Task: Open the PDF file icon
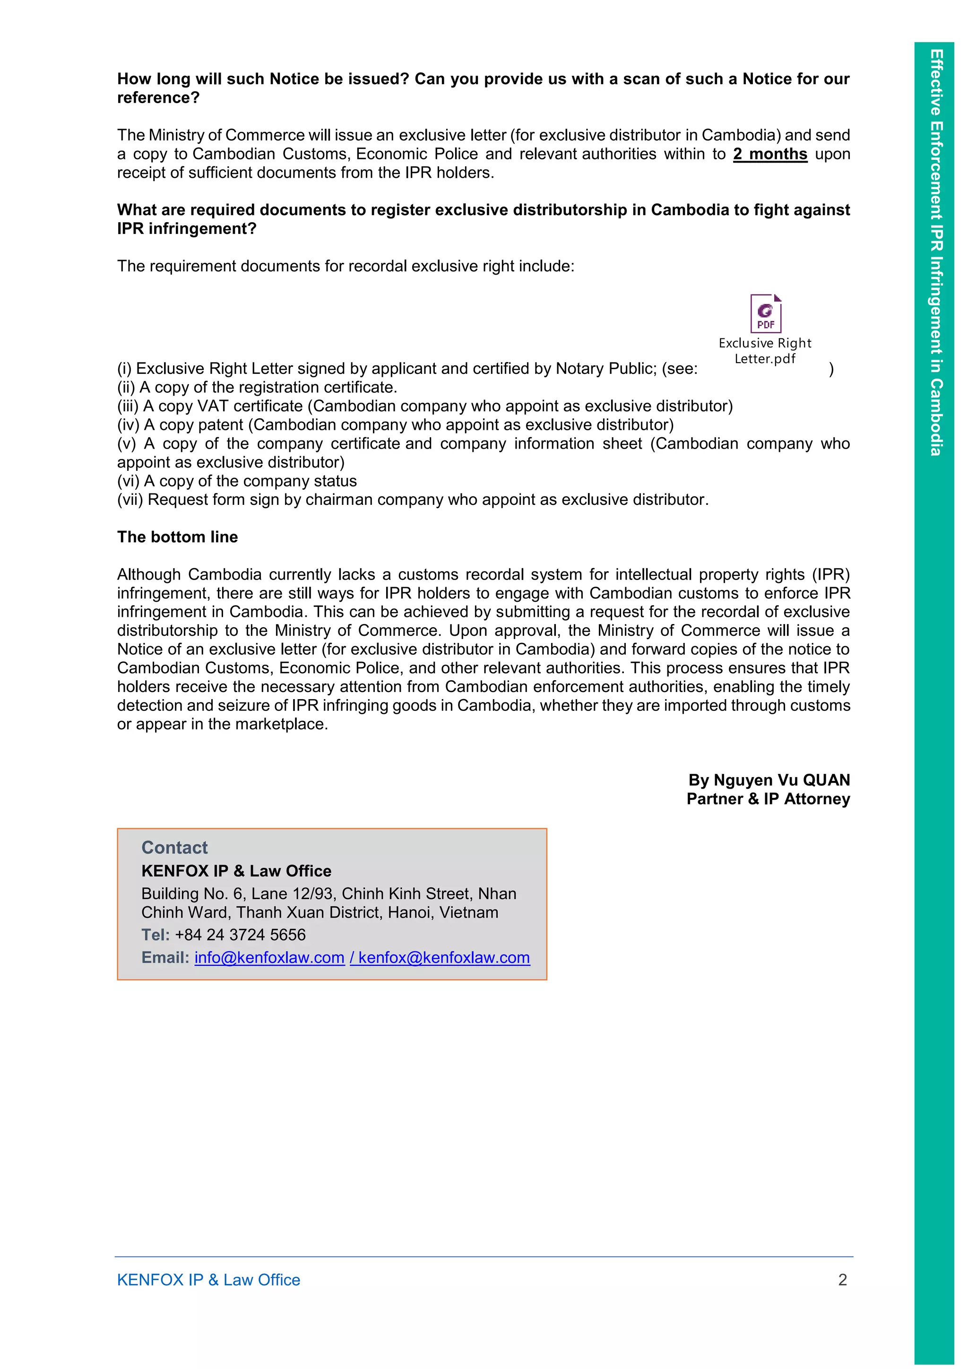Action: pyautogui.click(x=765, y=313)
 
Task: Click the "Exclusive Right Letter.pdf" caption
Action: pyautogui.click(x=765, y=351)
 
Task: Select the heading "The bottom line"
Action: pyautogui.click(x=177, y=537)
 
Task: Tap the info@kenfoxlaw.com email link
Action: pyautogui.click(x=269, y=958)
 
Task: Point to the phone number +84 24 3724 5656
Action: pyautogui.click(x=240, y=935)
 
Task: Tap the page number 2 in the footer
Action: pyautogui.click(x=842, y=1280)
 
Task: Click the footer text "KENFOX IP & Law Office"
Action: pyautogui.click(x=208, y=1280)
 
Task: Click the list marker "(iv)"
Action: pyautogui.click(x=128, y=425)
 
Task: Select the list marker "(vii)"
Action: pyautogui.click(x=130, y=500)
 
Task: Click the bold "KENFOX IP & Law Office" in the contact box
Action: pyautogui.click(x=236, y=871)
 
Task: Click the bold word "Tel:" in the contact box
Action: pyautogui.click(x=156, y=935)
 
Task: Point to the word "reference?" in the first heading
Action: pyautogui.click(x=158, y=98)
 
